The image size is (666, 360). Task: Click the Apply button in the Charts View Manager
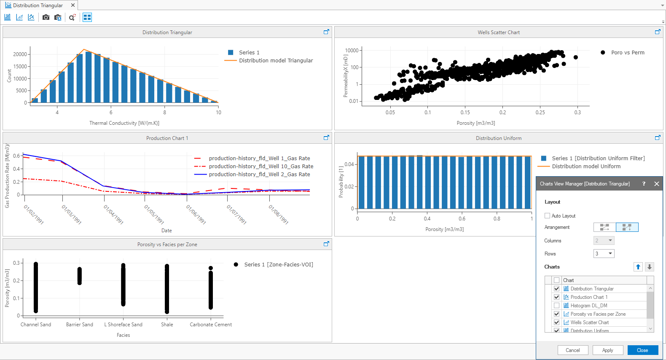click(607, 350)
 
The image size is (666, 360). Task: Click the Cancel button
click(572, 350)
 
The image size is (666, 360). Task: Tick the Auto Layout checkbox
click(548, 216)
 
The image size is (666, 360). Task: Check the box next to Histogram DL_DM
click(556, 306)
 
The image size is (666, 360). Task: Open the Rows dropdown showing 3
click(604, 254)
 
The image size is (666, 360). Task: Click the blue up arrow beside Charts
click(638, 267)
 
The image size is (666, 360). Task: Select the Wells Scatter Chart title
click(498, 32)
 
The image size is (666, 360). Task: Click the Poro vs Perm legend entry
click(627, 53)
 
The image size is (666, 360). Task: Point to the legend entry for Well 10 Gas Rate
click(261, 167)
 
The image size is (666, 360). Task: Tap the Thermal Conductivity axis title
click(124, 123)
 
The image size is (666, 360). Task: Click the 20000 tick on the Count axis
click(20, 54)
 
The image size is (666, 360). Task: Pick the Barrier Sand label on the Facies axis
click(79, 325)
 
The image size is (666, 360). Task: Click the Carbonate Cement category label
click(211, 325)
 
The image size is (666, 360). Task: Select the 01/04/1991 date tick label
click(113, 214)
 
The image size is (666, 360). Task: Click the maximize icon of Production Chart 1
click(326, 138)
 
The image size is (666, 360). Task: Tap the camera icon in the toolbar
click(46, 17)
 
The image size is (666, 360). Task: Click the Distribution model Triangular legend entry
click(276, 61)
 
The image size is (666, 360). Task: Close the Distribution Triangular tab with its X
click(73, 5)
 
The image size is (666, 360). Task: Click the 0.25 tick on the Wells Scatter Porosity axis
click(540, 113)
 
